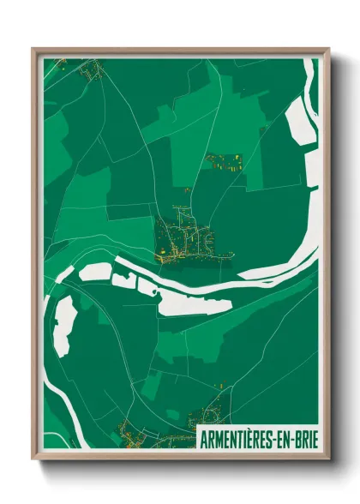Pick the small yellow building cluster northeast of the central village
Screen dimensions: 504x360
pos(225,161)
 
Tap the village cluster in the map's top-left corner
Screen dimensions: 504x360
pos(91,69)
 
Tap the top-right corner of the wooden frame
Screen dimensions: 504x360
pos(328,49)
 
